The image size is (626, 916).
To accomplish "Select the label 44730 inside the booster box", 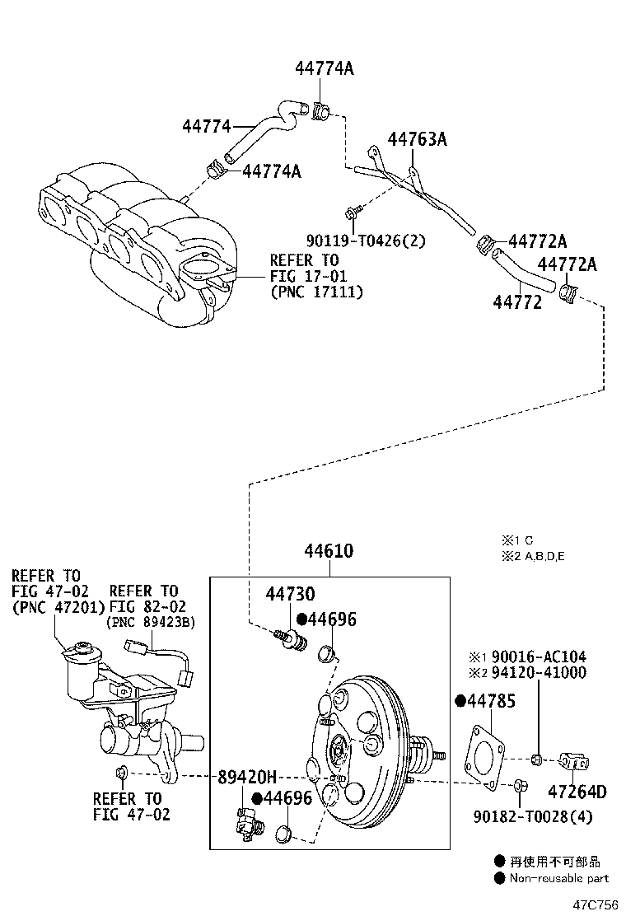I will [x=290, y=595].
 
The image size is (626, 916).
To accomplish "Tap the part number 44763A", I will [x=418, y=139].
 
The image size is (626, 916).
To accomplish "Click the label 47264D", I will [x=577, y=792].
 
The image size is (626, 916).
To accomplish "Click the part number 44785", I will [x=491, y=702].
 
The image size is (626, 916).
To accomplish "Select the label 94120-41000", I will [x=539, y=672].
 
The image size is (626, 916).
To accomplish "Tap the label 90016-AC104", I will [x=539, y=657].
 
